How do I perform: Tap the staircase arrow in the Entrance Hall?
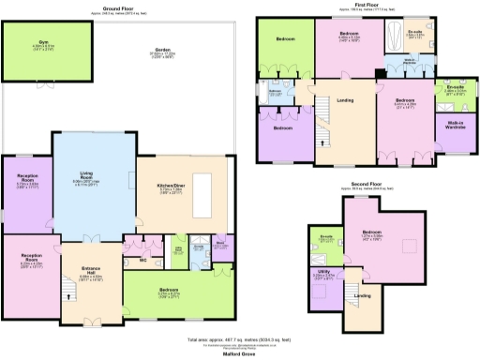point(70,297)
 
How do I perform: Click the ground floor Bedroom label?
point(170,291)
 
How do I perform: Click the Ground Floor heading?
point(119,7)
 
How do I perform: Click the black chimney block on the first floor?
point(378,74)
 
